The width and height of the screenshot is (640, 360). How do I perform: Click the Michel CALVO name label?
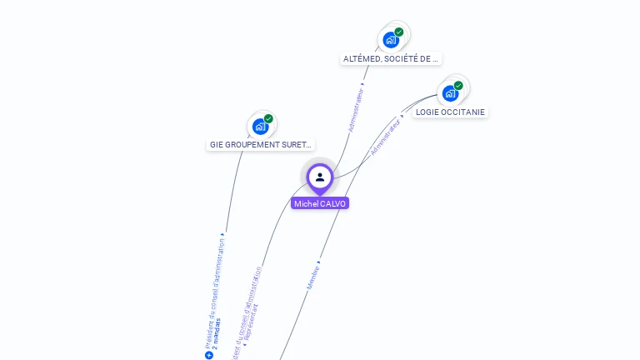point(320,203)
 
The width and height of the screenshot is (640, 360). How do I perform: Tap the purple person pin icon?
point(320,177)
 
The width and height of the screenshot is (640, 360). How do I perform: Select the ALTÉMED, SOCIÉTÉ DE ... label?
point(391,59)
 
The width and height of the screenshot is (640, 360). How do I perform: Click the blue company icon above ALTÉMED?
point(390,40)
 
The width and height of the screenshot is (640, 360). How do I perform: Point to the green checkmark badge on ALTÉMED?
point(399,32)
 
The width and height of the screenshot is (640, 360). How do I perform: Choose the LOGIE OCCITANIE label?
point(450,112)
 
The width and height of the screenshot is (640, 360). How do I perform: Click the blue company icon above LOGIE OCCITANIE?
point(450,92)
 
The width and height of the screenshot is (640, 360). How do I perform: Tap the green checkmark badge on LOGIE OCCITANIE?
point(458,85)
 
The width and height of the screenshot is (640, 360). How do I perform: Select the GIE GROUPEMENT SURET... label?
point(261,145)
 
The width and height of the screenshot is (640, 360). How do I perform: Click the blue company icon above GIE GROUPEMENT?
point(260,127)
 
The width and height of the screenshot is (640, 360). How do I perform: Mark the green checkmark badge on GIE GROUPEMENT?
point(268,118)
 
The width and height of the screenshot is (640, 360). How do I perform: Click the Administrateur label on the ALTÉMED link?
point(356,110)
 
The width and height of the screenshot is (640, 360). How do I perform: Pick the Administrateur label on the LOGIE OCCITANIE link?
point(386,137)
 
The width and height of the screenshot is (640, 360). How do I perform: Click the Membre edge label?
point(313,277)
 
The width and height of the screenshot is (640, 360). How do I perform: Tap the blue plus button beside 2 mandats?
point(209,355)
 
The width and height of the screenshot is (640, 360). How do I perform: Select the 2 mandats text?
point(217,332)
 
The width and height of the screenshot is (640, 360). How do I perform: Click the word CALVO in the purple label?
point(332,203)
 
